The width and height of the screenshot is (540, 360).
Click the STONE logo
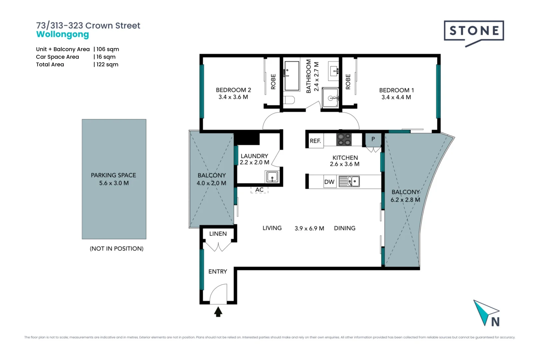(474, 34)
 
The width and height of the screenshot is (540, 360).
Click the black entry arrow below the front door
(218, 312)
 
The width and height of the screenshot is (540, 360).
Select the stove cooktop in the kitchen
(344, 139)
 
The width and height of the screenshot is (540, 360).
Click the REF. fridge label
(315, 141)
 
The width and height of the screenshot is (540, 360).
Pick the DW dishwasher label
(329, 182)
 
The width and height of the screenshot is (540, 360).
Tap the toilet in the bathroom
(289, 100)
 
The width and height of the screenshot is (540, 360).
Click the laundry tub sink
(272, 177)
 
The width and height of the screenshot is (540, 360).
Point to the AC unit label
(260, 190)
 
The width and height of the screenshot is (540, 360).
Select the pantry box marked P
(373, 140)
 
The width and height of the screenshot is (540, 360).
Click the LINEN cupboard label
(218, 234)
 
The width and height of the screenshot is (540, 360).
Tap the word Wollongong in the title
(63, 35)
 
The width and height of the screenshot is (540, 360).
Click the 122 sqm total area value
(107, 64)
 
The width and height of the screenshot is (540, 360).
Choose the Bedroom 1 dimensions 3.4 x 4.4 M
(396, 97)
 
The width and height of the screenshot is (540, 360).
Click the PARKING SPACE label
(113, 175)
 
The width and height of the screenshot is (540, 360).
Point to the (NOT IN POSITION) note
(117, 249)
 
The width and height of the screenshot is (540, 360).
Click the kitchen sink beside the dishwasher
(349, 181)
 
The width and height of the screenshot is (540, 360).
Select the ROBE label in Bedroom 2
(273, 82)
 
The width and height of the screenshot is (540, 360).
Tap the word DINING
(344, 228)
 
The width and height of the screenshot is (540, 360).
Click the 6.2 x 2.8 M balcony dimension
(405, 200)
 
